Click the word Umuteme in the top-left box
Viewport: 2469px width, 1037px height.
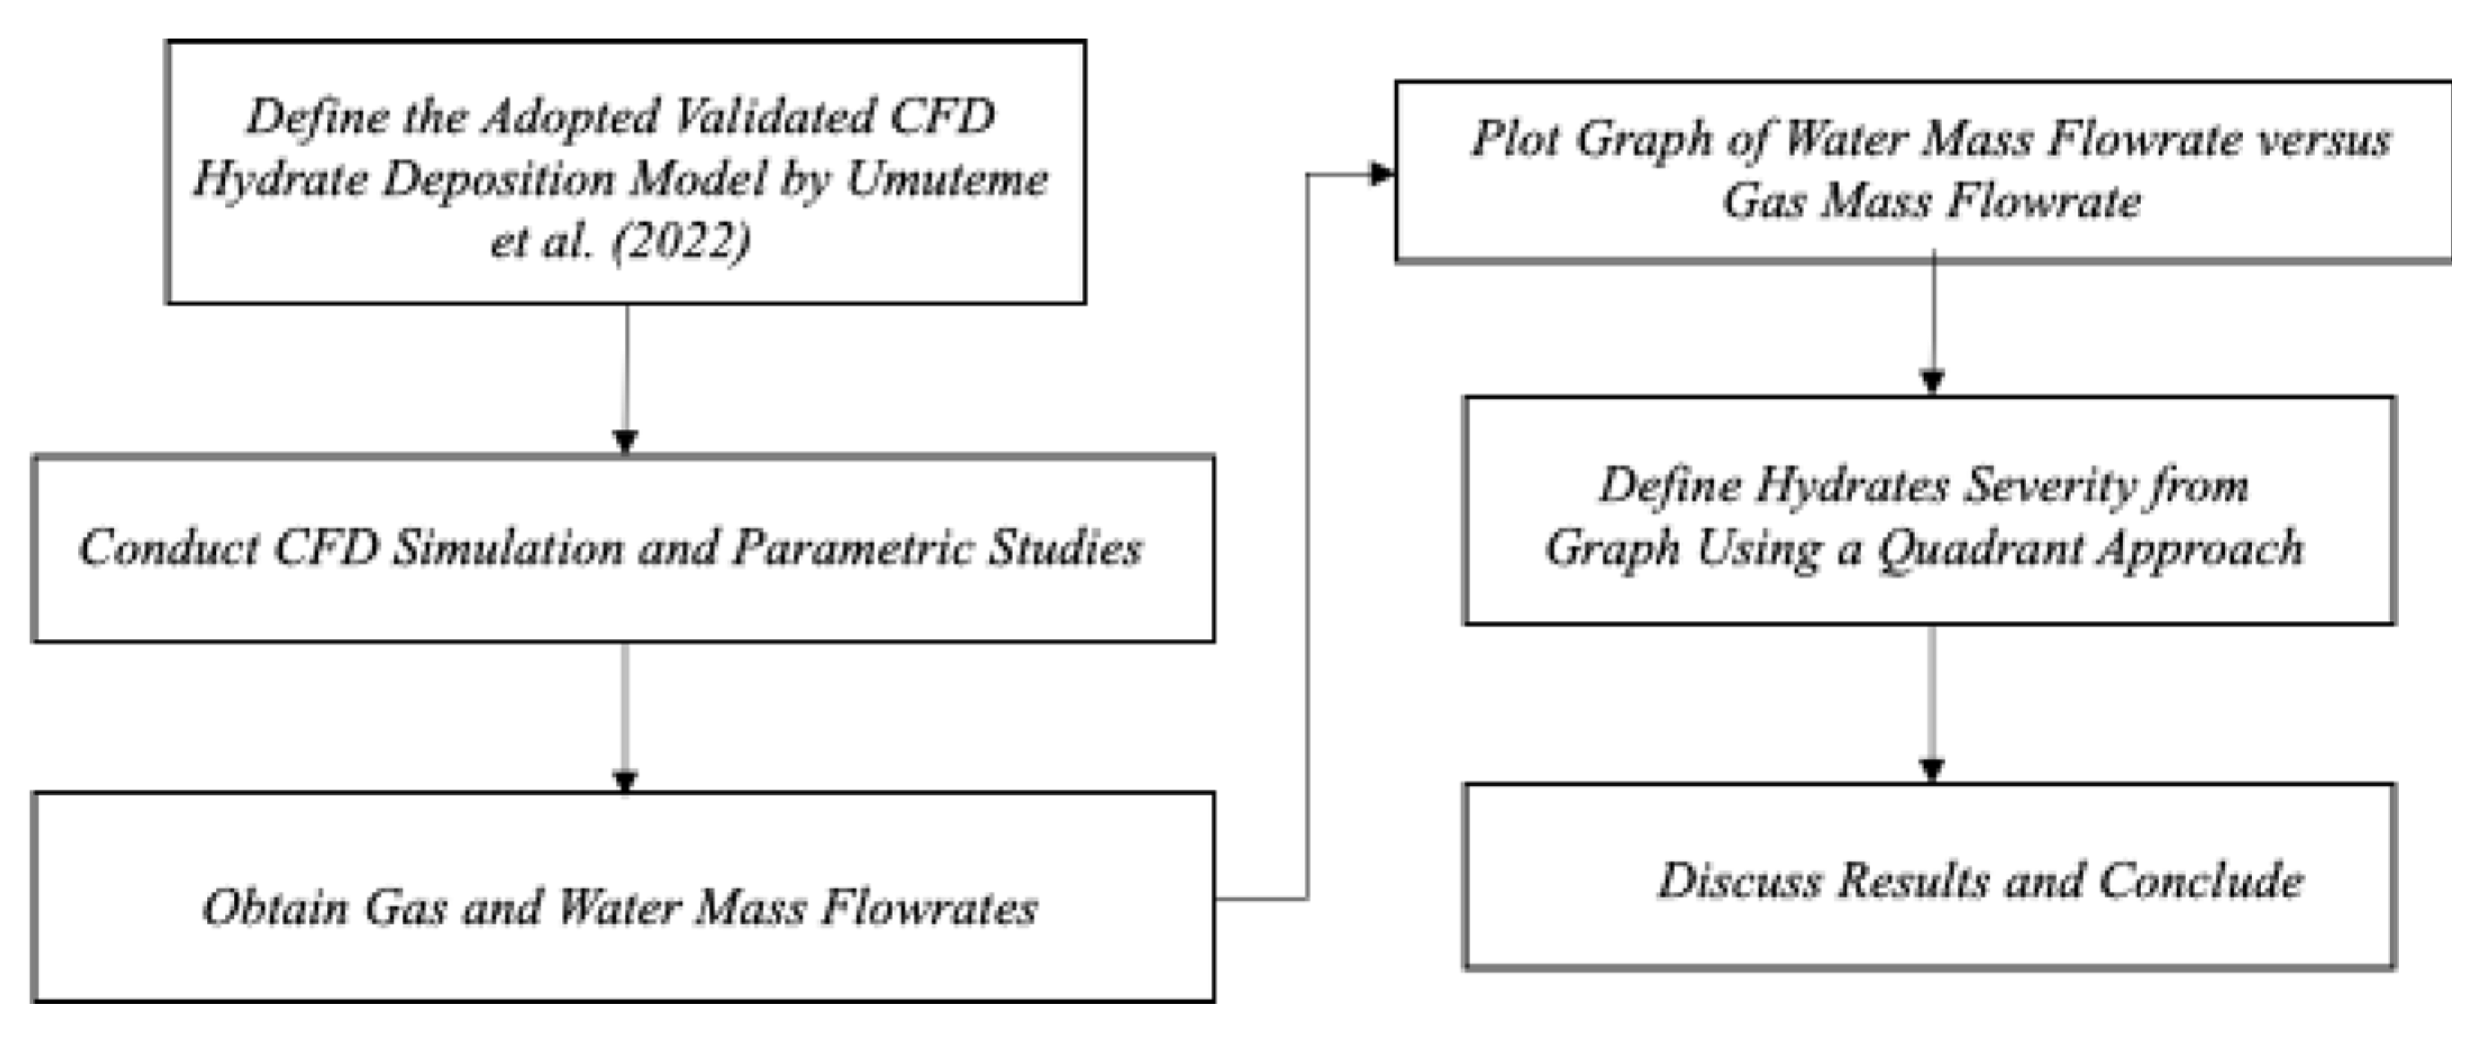(947, 179)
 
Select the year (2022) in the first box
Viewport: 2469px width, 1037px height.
(681, 239)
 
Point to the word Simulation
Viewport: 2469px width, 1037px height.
(507, 548)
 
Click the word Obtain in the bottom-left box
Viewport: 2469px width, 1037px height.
(275, 907)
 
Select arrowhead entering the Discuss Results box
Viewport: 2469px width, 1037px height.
(1932, 770)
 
